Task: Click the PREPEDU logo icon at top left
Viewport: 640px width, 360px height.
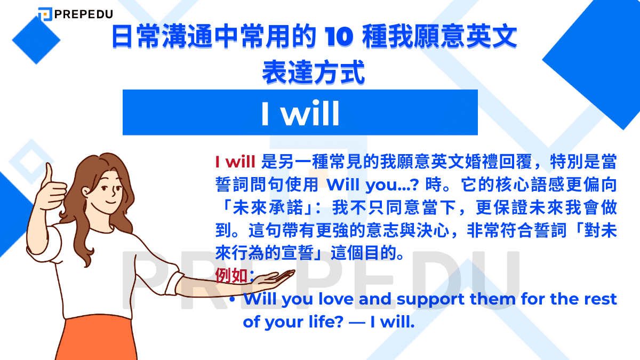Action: click(x=45, y=15)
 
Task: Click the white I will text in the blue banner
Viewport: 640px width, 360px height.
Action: click(x=300, y=113)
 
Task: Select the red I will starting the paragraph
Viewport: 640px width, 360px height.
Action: click(x=235, y=161)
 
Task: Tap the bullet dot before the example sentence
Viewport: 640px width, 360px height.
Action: click(x=232, y=300)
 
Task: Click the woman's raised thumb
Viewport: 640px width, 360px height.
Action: click(x=49, y=176)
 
